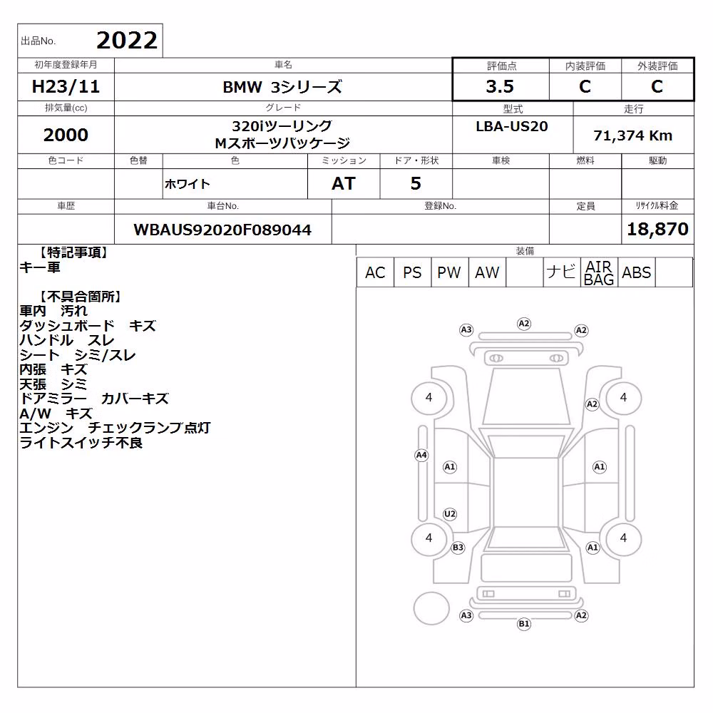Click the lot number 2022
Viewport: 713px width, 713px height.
[x=127, y=41]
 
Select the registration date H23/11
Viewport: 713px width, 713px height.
[x=66, y=86]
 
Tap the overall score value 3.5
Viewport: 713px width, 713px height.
[x=500, y=86]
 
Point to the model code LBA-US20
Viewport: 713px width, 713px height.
[x=512, y=126]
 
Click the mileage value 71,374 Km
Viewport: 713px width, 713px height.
[x=633, y=135]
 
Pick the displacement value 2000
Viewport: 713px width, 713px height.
[x=66, y=135]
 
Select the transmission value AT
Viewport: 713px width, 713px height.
[x=344, y=183]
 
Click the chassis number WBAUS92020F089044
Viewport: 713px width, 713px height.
[x=222, y=230]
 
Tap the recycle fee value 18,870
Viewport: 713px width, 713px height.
[x=657, y=229]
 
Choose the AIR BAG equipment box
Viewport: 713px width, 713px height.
[x=599, y=272]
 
